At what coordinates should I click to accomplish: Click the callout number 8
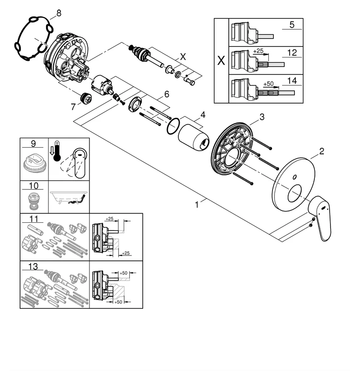click(x=58, y=13)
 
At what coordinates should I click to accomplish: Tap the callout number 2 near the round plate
click(x=321, y=152)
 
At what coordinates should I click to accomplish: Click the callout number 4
click(x=203, y=114)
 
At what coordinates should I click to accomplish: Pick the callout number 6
click(x=166, y=94)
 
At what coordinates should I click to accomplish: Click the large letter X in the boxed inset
click(x=221, y=61)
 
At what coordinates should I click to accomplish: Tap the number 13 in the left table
click(x=34, y=266)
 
